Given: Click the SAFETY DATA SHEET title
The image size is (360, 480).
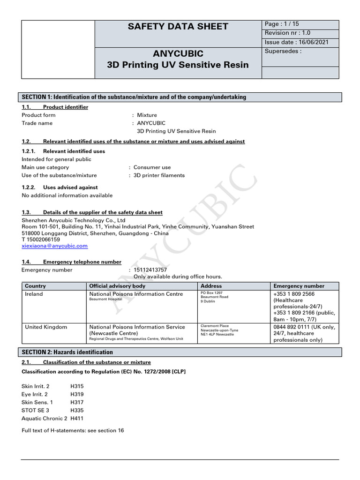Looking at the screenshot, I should pos(178,27).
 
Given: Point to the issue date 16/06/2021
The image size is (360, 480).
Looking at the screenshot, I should pos(296,42).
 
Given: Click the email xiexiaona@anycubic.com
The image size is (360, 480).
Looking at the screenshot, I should pos(54,246).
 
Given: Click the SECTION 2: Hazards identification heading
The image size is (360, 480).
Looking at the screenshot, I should pos(67,352).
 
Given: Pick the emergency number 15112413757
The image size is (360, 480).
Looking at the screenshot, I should pos(150,270).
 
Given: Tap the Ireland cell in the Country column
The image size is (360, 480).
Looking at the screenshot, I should pos(34,294).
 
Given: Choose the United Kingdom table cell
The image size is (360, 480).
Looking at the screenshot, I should pos(46,327).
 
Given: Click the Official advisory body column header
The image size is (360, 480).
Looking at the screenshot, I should pos(117,286).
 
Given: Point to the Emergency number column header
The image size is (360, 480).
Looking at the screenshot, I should pos(299,286).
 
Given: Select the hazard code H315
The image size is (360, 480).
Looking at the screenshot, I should pos(77,386).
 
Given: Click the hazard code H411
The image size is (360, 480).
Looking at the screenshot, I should pos(77,418).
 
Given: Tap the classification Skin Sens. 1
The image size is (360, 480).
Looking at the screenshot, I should pos(37,402).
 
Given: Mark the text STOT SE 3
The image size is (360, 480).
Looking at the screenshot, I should pos(36,410).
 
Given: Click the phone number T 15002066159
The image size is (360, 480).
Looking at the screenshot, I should pos(41,239).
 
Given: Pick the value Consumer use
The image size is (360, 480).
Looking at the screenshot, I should pos(152,167).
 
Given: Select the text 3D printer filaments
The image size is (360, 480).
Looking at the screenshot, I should pos(159,175).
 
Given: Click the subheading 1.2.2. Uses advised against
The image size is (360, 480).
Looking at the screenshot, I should pos(60,187).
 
